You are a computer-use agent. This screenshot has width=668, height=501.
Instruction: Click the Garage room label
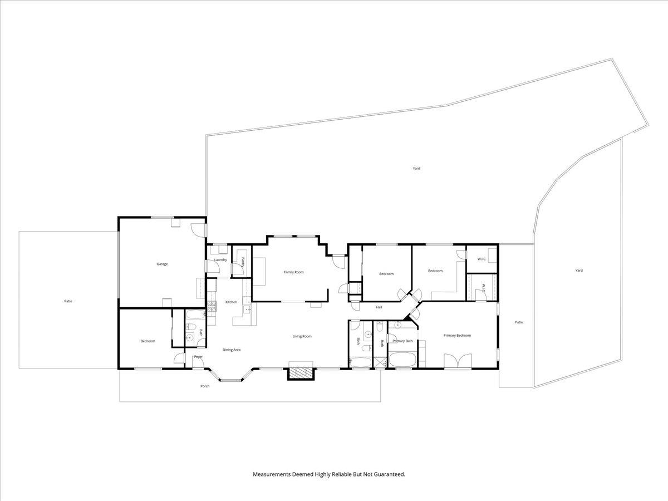coord(162,264)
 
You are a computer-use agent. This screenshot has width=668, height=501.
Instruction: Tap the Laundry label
coord(220,259)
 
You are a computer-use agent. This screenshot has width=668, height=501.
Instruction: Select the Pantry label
coord(243,262)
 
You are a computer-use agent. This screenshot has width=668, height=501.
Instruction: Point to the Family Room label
coord(294,272)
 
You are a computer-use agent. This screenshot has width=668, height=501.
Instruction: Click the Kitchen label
coord(231,302)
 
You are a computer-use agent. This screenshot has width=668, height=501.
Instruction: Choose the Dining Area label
coord(232,350)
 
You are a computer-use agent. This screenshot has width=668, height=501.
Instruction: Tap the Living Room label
coord(302,336)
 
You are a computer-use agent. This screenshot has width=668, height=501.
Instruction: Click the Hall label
coord(379,307)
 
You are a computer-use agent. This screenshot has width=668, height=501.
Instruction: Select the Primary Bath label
coord(402,341)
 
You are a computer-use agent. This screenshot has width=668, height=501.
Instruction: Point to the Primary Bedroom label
coord(457,336)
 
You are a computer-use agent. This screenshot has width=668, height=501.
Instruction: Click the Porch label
coord(205,386)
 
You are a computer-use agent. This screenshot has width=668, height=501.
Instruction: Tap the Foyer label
coord(198,357)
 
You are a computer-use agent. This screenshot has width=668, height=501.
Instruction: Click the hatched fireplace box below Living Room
coord(301,374)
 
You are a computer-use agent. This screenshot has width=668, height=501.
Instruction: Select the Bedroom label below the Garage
coord(148,341)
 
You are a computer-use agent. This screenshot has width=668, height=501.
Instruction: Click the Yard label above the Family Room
coord(416,168)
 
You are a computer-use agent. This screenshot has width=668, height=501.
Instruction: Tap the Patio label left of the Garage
coord(68,301)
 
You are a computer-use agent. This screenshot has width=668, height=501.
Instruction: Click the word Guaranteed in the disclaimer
coord(390,474)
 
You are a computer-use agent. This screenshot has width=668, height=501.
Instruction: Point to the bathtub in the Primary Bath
coord(402,360)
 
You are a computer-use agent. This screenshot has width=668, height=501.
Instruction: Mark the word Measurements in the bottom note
coord(272,474)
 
